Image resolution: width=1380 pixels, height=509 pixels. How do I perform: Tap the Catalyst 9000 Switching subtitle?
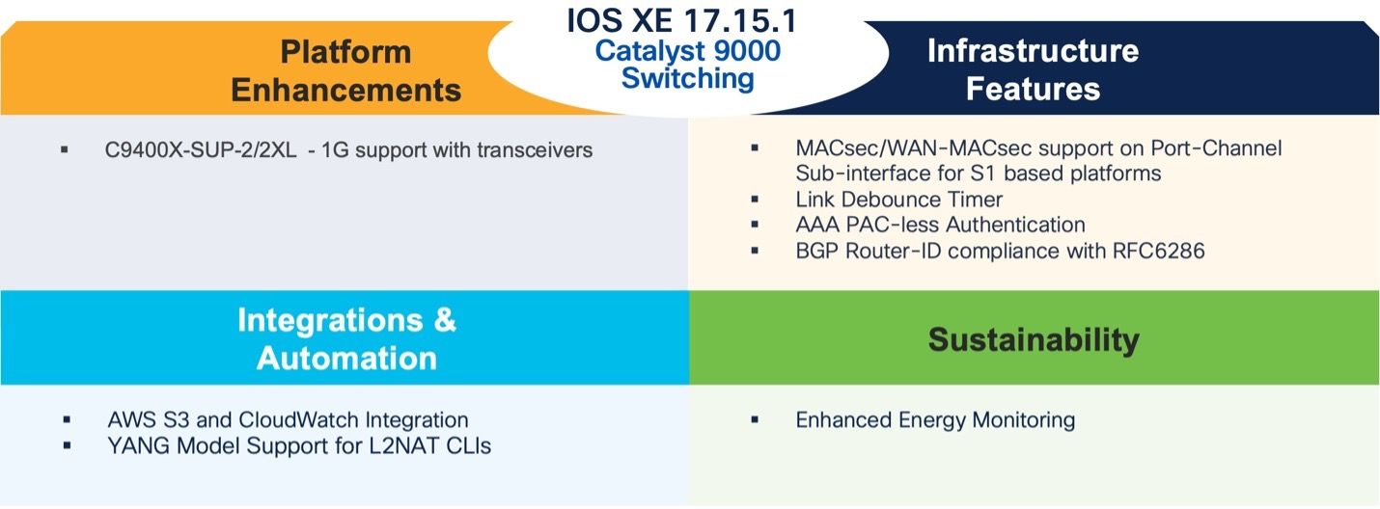[x=687, y=64]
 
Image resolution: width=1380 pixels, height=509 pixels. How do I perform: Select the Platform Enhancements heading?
[x=346, y=70]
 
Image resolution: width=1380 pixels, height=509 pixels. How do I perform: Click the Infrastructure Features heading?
[x=1033, y=69]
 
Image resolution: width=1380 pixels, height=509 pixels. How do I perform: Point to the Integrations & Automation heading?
[x=346, y=338]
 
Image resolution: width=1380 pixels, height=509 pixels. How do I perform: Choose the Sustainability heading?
[x=1034, y=339]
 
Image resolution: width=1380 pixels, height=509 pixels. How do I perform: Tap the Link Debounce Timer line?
[x=898, y=200]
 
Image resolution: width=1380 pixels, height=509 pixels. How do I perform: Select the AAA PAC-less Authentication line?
[x=940, y=225]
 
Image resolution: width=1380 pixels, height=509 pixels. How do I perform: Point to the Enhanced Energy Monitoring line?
[x=935, y=420]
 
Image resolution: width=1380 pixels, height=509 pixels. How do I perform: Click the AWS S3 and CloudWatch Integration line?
[x=288, y=420]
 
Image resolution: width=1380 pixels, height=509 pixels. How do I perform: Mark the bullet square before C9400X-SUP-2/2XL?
[x=65, y=150]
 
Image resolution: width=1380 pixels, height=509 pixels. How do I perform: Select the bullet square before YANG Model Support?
[x=67, y=446]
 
